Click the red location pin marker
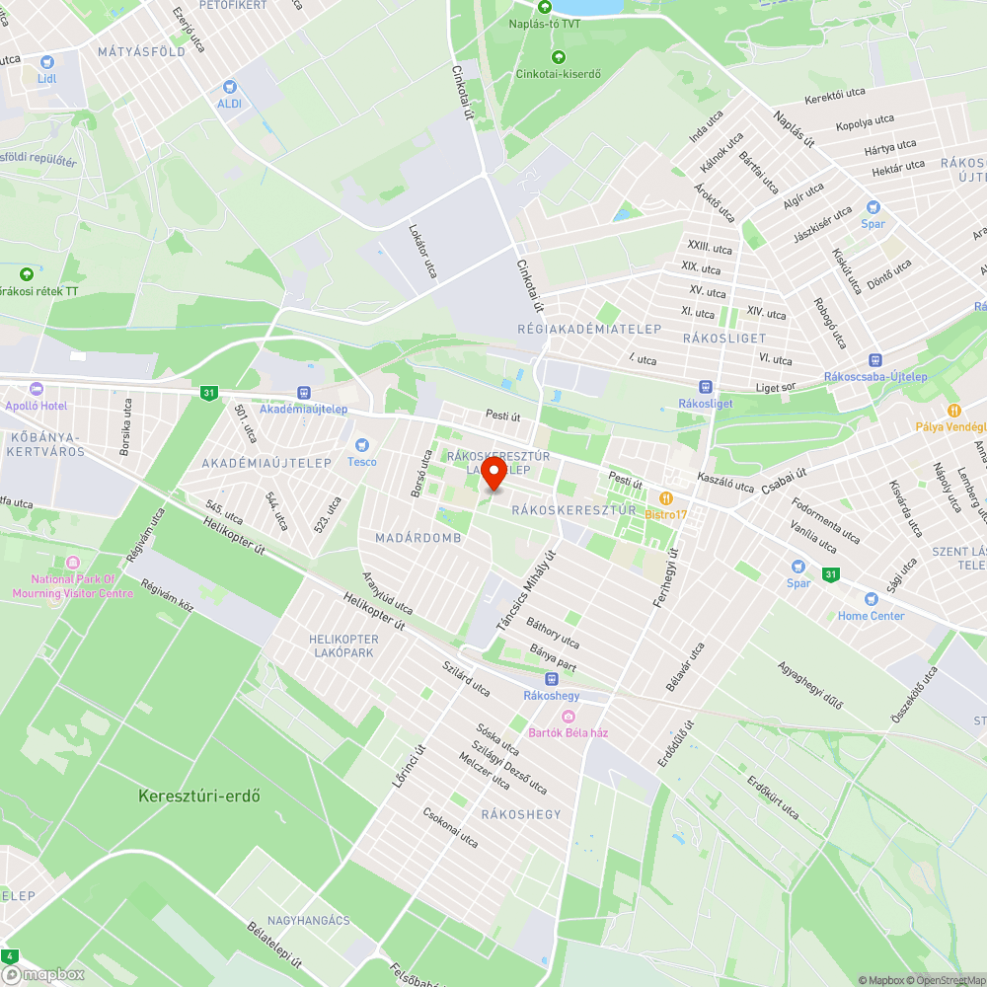pos(493,473)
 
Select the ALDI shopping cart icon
pos(230,87)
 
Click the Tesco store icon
pos(360,445)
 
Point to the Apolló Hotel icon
pos(37,389)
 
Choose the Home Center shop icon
pos(871,598)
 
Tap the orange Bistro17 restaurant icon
pos(666,497)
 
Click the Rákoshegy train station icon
pos(551,678)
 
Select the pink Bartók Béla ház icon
pos(568,716)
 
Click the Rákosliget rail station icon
pos(705,387)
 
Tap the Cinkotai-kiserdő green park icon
pos(559,56)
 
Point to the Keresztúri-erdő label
pos(199,796)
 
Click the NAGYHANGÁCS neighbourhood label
pos(308,921)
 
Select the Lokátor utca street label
pos(422,250)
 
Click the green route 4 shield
pos(11,955)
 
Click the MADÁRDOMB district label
pos(418,538)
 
